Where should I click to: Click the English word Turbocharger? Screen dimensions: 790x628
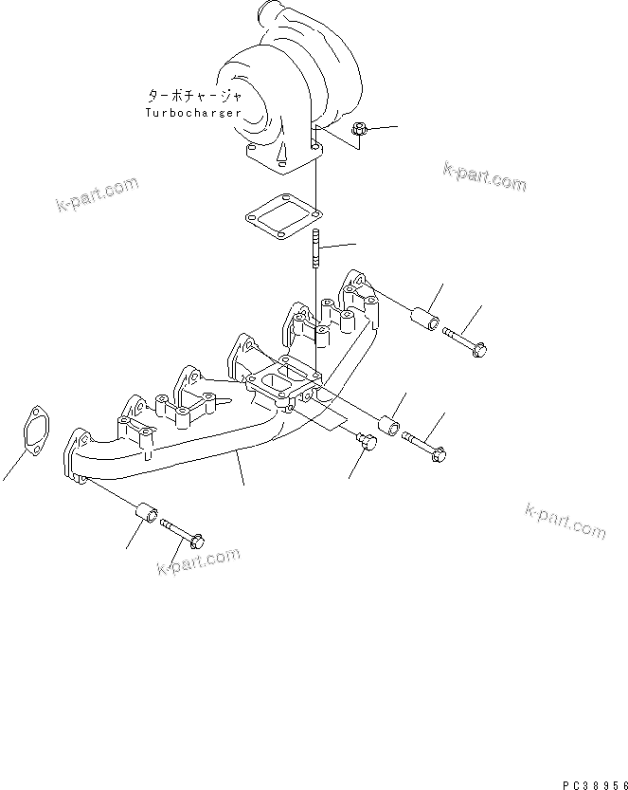[192, 112]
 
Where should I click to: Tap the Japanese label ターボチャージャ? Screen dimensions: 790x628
[194, 96]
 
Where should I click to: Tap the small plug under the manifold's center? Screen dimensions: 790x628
[366, 442]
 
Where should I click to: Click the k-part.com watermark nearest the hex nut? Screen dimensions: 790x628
[484, 176]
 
